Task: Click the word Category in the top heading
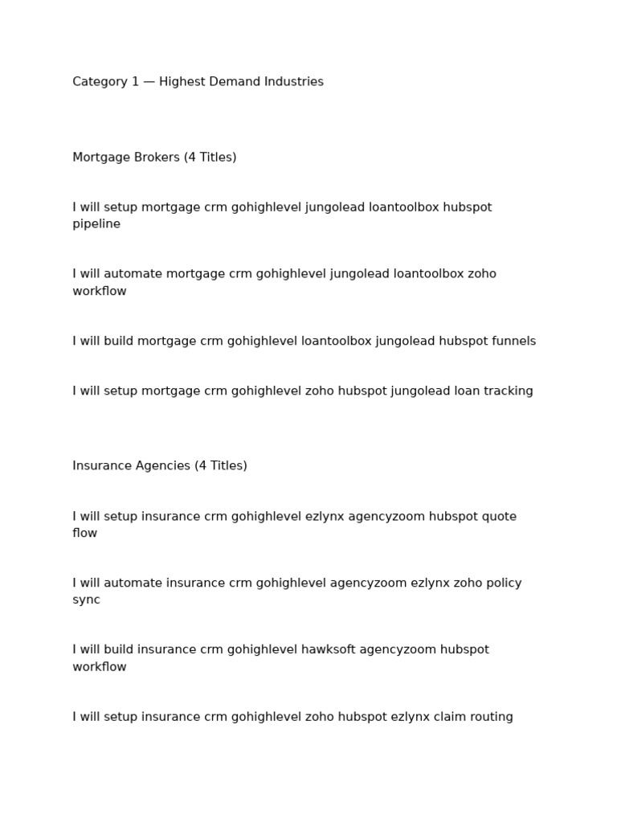pos(100,82)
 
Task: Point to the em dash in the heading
pos(149,82)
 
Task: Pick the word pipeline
pos(96,224)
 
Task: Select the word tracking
pos(508,391)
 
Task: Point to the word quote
pos(499,516)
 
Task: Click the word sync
pos(86,600)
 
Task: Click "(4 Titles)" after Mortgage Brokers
pos(210,158)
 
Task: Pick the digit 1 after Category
pos(135,82)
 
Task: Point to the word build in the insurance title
pos(119,649)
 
